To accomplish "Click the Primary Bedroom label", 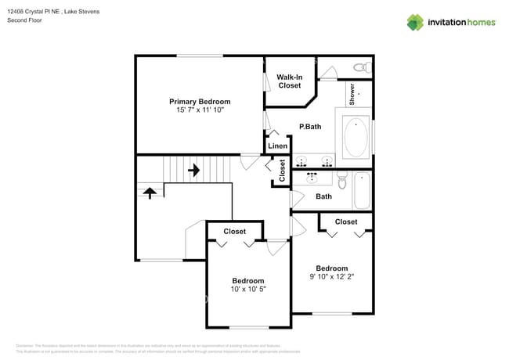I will (x=200, y=102).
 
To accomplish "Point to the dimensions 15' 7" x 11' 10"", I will (x=200, y=110).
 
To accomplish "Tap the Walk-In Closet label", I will (x=290, y=81).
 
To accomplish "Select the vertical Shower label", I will (x=352, y=94).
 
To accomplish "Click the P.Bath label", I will (x=310, y=127).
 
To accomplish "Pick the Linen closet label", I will (x=278, y=146).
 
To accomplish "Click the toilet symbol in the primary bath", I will (x=359, y=67).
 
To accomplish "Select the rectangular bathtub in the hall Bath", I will (x=362, y=191).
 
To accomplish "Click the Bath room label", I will (x=324, y=196).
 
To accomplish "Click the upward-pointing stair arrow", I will (x=149, y=191).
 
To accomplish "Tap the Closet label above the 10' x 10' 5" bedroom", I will (x=235, y=232).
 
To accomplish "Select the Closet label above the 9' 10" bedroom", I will (x=346, y=222).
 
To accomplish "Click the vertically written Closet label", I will (x=282, y=171).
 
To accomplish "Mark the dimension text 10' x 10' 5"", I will (x=248, y=290).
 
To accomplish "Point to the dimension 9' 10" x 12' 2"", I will (x=333, y=276).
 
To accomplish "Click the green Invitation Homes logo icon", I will (x=415, y=22).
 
